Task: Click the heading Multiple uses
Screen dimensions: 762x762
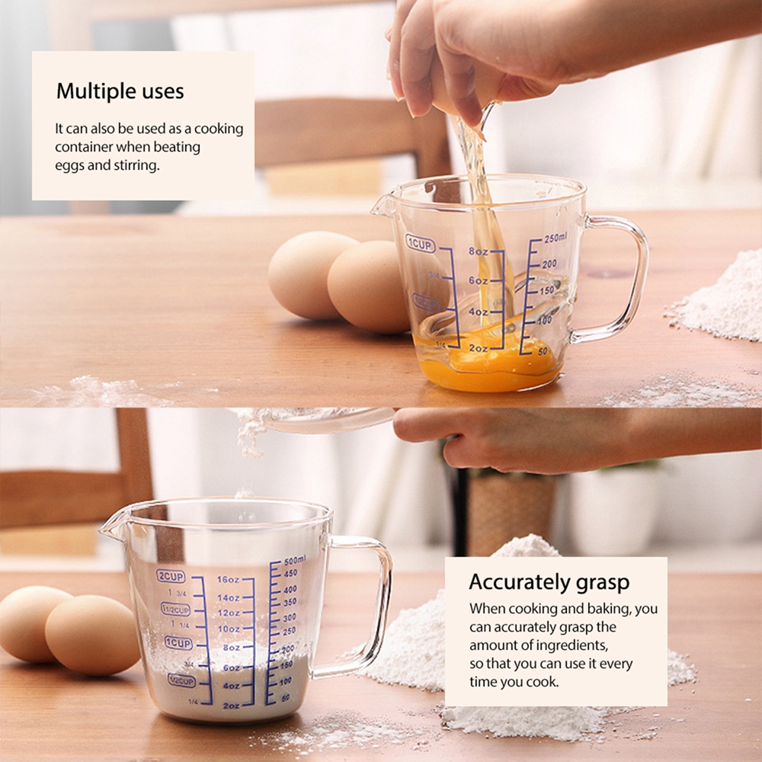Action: click(120, 92)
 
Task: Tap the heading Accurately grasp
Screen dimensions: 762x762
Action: click(549, 582)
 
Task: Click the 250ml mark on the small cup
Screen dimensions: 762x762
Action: click(554, 239)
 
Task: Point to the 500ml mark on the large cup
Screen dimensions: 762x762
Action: click(294, 560)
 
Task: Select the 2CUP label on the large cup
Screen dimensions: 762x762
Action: click(171, 575)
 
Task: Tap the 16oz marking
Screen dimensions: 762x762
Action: click(229, 580)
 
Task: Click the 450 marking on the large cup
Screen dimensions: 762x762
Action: click(290, 574)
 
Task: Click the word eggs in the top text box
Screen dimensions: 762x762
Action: click(69, 165)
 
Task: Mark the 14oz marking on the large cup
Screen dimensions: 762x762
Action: click(229, 597)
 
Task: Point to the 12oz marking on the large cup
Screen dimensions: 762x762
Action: click(229, 613)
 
